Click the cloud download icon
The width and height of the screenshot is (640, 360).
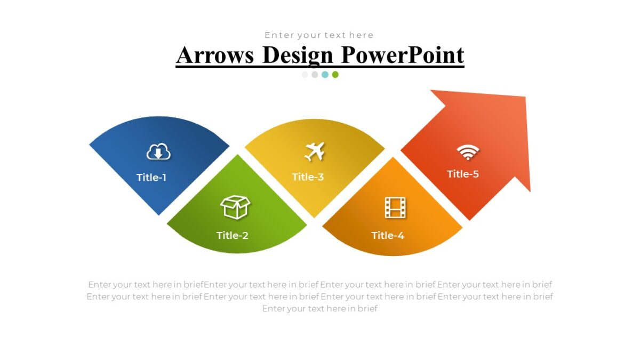(158, 153)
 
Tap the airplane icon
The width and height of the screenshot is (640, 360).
(315, 151)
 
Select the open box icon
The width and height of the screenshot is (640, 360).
(235, 207)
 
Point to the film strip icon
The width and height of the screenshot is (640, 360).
(395, 207)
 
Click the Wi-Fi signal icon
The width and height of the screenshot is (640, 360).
(468, 152)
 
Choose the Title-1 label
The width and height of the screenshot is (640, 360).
(151, 178)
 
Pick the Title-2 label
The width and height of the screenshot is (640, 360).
(233, 235)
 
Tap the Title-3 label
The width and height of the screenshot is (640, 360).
(308, 177)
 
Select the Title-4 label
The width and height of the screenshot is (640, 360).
(388, 235)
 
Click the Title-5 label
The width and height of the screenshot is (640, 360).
(463, 174)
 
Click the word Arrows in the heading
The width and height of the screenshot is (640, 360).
(215, 55)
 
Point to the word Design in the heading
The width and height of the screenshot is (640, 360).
(298, 55)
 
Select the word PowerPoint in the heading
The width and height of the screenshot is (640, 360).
(403, 55)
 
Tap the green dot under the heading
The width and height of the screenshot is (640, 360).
(335, 75)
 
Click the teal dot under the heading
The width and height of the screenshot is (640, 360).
(325, 75)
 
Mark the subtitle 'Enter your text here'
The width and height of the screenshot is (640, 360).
(319, 35)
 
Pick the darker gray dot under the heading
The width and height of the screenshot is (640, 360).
(315, 75)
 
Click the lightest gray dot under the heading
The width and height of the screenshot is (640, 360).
(305, 75)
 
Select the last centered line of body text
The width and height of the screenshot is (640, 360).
(319, 308)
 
